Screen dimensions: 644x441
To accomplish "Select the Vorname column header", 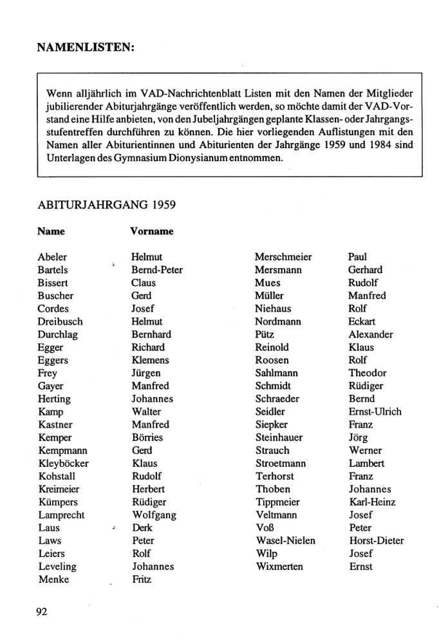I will tap(152, 230).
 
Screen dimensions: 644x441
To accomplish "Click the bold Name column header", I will tap(52, 230).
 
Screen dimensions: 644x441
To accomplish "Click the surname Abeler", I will tap(52, 257).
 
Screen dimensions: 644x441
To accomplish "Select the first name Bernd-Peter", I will tap(156, 270).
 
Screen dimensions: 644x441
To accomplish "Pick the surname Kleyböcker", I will tap(63, 463).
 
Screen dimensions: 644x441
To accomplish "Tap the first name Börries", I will tap(147, 437).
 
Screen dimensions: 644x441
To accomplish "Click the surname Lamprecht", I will tap(61, 515).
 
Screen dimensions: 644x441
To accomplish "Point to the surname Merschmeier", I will tap(283, 257).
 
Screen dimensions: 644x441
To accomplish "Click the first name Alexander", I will tap(371, 334).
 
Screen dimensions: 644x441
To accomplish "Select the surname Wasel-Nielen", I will tap(285, 540).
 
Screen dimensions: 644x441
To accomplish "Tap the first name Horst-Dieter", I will tap(376, 540).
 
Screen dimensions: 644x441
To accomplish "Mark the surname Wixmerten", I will tap(279, 566).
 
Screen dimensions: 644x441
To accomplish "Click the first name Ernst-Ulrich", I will tap(375, 412).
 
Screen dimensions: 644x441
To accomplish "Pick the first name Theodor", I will tap(368, 373).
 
